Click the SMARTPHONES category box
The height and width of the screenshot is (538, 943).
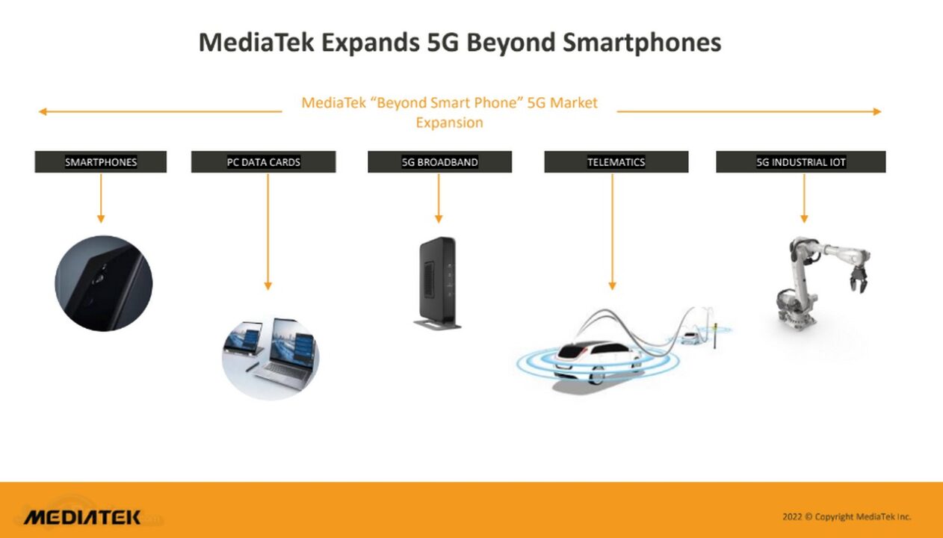(x=101, y=162)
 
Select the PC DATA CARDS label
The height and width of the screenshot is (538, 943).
(x=263, y=162)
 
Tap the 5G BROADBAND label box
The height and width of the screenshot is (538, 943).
(x=439, y=162)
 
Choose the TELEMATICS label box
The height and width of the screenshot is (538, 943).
(x=616, y=162)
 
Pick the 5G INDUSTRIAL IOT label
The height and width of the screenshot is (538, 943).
(x=800, y=162)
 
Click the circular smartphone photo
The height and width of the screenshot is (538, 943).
(x=104, y=283)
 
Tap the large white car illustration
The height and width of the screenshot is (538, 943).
(x=598, y=360)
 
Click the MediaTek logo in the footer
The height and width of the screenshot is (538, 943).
(x=82, y=517)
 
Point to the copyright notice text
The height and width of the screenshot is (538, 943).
(x=847, y=516)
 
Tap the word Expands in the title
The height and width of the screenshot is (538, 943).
(x=370, y=43)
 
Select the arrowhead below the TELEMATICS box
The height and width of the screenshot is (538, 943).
(x=612, y=285)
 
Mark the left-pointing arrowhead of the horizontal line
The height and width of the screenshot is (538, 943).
(x=43, y=112)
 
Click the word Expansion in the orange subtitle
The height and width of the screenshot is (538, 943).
(x=449, y=123)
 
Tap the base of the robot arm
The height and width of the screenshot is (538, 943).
(x=794, y=314)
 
